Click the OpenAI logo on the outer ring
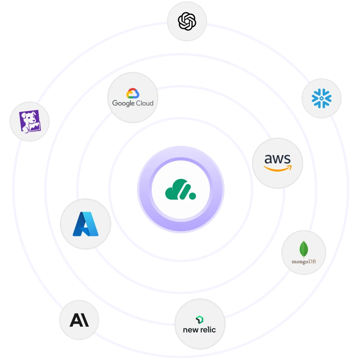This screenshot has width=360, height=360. (x=187, y=20)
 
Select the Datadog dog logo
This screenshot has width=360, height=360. (x=30, y=121)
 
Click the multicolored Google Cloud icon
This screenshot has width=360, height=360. (x=132, y=93)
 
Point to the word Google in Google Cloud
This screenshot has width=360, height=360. (x=122, y=103)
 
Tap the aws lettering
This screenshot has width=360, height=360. (x=277, y=159)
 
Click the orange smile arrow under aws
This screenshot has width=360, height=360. (x=278, y=168)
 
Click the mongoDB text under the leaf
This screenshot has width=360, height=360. (x=304, y=262)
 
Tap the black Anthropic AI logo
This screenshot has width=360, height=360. (x=79, y=320)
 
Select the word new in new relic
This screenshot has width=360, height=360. (x=190, y=330)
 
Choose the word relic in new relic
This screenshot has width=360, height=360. (x=207, y=330)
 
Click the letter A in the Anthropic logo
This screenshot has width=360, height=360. (x=75, y=320)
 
